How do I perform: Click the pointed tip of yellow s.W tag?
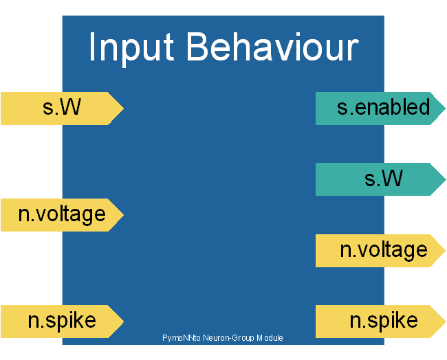pyautogui.click(x=122, y=108)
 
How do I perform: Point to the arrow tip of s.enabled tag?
pyautogui.click(x=444, y=108)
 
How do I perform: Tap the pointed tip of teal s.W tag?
pyautogui.click(x=444, y=179)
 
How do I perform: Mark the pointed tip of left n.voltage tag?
pyautogui.click(x=122, y=214)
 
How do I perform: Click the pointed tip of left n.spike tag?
pyautogui.click(x=122, y=321)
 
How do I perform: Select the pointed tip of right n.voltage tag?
pyautogui.click(x=444, y=250)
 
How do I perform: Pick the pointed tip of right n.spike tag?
pyautogui.click(x=444, y=321)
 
